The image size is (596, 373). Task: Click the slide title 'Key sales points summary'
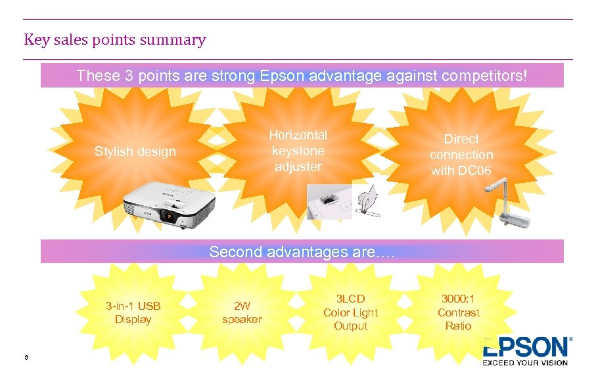pos(115,40)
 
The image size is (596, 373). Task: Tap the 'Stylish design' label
pos(135,152)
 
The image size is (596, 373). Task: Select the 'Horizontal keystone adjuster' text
pos(298,151)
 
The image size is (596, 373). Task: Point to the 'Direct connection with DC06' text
pos(461,155)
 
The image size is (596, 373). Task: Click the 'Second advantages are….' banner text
pos(302,252)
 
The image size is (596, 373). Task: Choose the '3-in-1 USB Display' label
pos(133,312)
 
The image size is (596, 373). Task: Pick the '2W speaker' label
pos(242,312)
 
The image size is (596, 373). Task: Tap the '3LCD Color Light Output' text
pos(350,312)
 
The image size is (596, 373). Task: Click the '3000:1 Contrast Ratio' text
pos(459,312)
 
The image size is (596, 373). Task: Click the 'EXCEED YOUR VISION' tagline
pos(525,362)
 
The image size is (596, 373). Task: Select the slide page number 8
pos(26,357)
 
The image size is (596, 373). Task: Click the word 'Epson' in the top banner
pos(282,76)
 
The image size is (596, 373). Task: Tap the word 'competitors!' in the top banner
pos(484,76)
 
